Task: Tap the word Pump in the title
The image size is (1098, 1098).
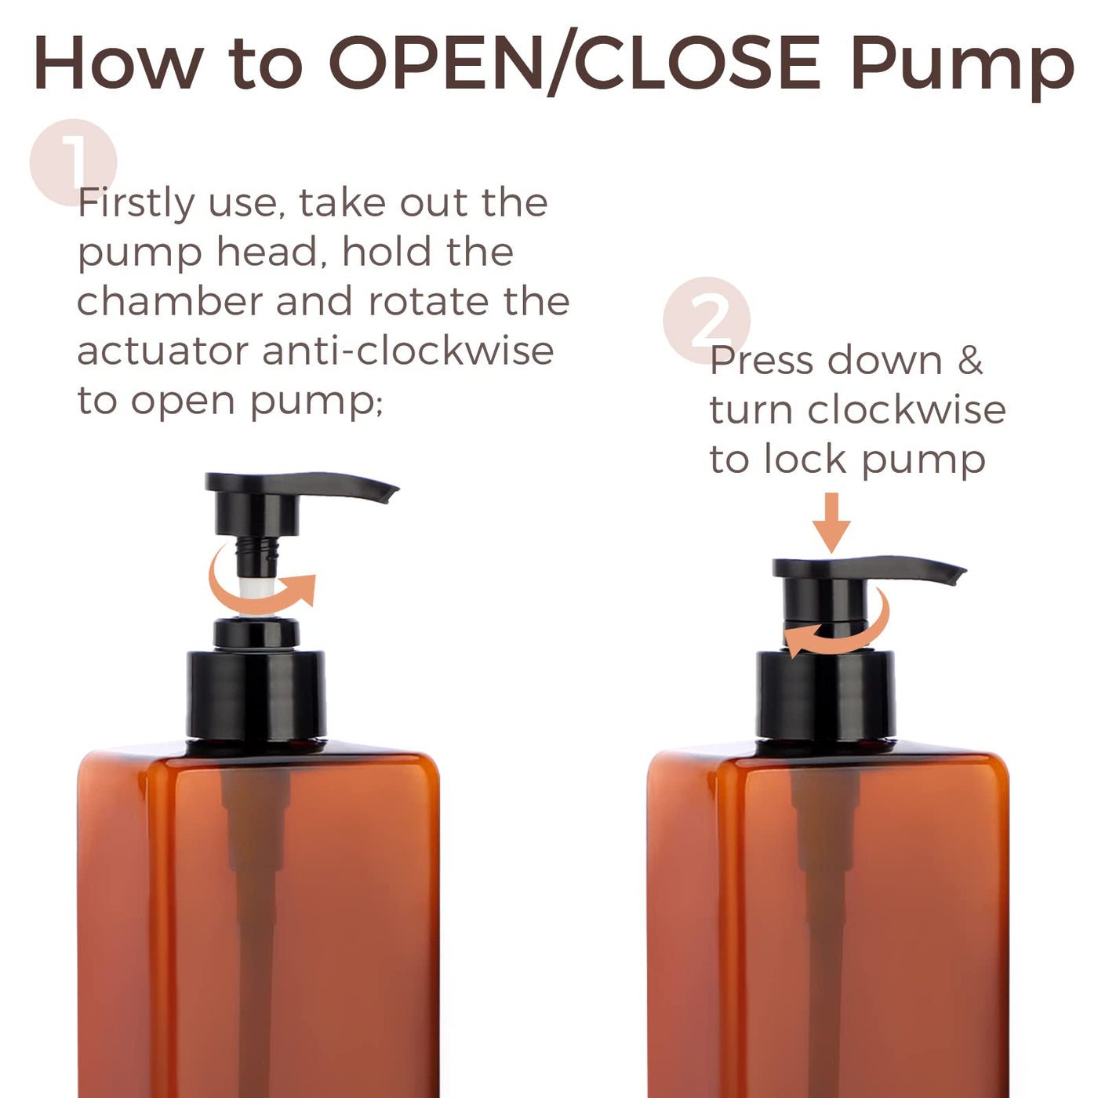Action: [x=962, y=67]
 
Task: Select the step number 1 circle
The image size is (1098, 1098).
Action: [x=74, y=162]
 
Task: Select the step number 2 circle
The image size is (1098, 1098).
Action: [x=706, y=320]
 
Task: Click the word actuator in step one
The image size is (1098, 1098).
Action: [x=163, y=351]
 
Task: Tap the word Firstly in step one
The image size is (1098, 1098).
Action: [x=136, y=203]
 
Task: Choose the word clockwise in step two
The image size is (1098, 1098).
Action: [x=907, y=409]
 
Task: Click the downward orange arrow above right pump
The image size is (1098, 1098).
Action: [x=831, y=522]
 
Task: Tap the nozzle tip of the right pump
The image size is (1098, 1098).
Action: [x=959, y=576]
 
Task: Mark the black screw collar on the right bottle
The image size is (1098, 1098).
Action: [x=826, y=695]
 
